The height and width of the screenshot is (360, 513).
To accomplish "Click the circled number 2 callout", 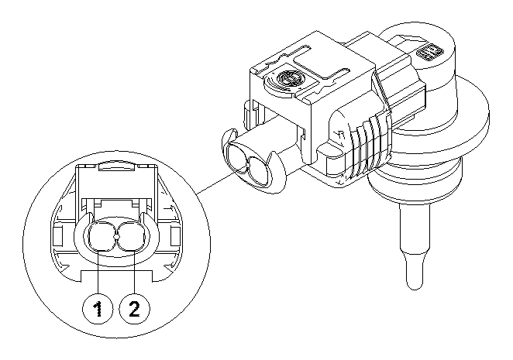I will coord(133,310).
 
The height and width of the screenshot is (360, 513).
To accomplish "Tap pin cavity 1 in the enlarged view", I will coord(102,235).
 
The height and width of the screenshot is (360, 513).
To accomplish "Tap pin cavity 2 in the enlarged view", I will coord(129,235).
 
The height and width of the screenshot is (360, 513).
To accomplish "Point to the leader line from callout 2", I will coord(136,275).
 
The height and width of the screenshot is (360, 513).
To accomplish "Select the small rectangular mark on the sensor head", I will coord(426,53).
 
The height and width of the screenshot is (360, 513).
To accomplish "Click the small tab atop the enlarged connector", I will coord(116,165).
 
